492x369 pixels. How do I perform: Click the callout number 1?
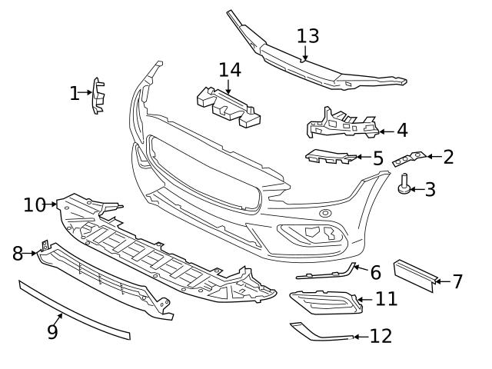coord(75,94)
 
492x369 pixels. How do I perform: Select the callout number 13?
coord(307,36)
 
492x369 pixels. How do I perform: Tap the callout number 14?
coord(229,70)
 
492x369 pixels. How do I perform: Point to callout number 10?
coord(35,204)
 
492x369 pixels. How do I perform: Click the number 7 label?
coord(457,281)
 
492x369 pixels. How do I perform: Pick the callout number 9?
coord(52,331)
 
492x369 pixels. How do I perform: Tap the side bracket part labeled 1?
coord(98,96)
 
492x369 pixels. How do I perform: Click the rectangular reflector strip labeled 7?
coord(414,273)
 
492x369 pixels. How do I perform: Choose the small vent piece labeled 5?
coord(331,156)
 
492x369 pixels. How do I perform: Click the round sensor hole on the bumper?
coord(325,213)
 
